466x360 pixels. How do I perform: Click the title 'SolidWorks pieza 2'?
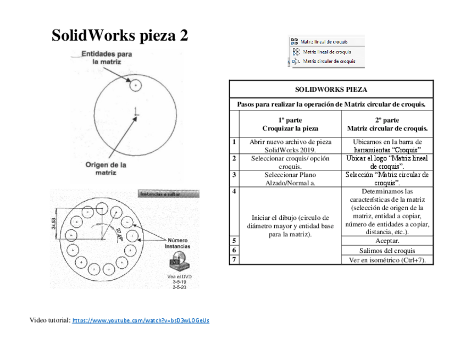coord(120,36)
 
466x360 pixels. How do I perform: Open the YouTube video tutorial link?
coord(141,320)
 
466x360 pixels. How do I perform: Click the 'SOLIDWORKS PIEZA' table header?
coord(331,89)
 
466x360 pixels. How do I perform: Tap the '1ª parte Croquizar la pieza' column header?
coord(290,124)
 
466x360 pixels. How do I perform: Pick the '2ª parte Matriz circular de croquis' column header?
coord(387,124)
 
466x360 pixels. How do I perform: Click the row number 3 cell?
coord(235,175)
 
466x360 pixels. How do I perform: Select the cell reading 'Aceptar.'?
coord(387,241)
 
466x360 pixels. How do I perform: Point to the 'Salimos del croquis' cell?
coord(387,250)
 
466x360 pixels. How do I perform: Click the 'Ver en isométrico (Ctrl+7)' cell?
coord(387,260)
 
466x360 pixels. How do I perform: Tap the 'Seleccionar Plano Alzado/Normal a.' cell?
coord(290,179)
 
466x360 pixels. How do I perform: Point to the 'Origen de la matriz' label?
coord(106,168)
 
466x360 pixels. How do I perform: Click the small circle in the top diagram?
coord(135,85)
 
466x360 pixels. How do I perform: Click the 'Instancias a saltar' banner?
coord(168,194)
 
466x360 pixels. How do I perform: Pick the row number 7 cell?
coord(235,259)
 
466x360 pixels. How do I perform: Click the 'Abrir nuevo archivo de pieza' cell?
coord(290,146)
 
